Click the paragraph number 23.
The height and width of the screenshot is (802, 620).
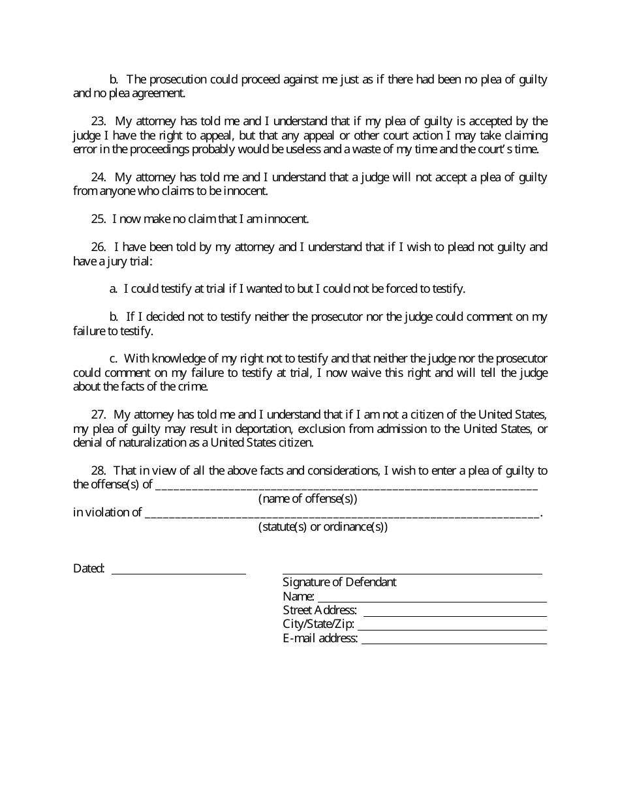coord(99,121)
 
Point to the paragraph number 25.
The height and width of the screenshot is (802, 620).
coord(99,219)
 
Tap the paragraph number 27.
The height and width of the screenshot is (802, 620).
coord(99,415)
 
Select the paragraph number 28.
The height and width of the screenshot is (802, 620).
coord(99,471)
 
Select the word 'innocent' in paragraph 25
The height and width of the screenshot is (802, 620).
coord(287,219)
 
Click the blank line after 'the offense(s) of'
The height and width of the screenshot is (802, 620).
coord(347,486)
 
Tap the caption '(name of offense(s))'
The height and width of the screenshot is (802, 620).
coord(308,499)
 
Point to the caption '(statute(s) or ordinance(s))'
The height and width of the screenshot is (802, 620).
coord(323,527)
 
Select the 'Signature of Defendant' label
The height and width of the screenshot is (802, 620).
coord(339,582)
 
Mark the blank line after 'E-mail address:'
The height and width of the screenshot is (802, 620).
coord(454,641)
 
